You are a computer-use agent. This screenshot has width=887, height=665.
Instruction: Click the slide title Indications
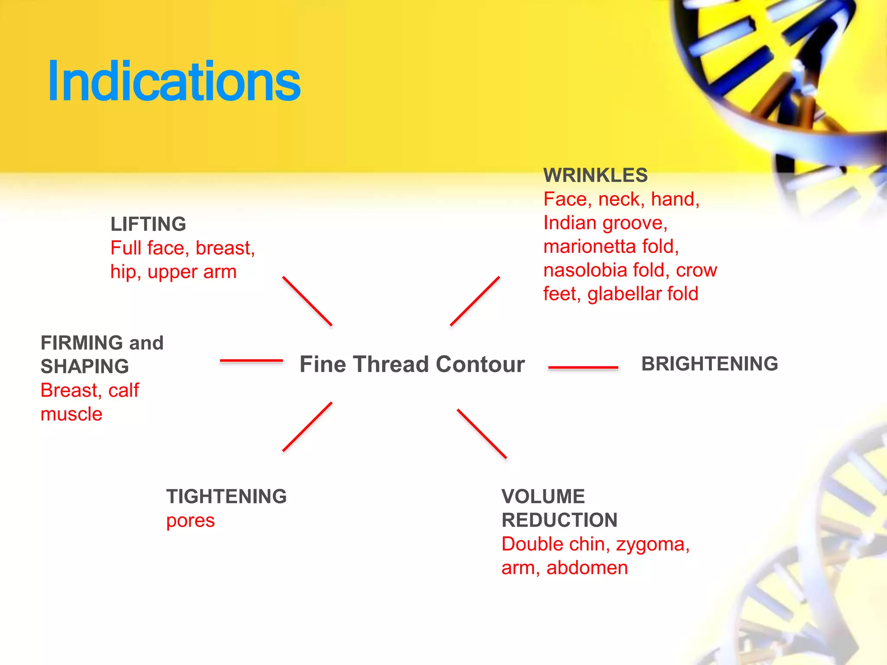coord(174,81)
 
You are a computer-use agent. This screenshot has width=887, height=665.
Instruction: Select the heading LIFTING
coord(148,224)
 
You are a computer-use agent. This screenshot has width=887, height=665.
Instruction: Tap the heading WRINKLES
coord(596,175)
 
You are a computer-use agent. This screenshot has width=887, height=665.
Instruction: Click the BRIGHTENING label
coord(709,364)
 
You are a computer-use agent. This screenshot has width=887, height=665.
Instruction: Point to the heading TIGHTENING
coord(227,497)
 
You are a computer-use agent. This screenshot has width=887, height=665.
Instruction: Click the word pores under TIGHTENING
coord(191,521)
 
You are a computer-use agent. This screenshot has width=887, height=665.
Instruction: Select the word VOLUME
coord(543,497)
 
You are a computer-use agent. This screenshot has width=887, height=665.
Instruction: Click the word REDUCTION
coord(560,520)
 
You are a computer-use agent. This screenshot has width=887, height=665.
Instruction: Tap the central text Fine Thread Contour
coord(412,364)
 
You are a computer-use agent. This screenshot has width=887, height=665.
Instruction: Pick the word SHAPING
coord(85,367)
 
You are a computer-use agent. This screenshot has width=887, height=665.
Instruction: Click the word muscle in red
coord(71,414)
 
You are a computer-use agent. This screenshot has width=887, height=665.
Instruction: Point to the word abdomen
coord(587,568)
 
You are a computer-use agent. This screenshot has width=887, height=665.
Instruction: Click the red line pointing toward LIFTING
coord(307,301)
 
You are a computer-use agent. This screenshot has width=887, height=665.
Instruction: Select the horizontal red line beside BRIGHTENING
coord(583,368)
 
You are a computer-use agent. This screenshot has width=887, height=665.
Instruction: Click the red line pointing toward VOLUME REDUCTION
coord(482,433)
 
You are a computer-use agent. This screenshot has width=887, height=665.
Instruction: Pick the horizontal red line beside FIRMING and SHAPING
coord(251,360)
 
